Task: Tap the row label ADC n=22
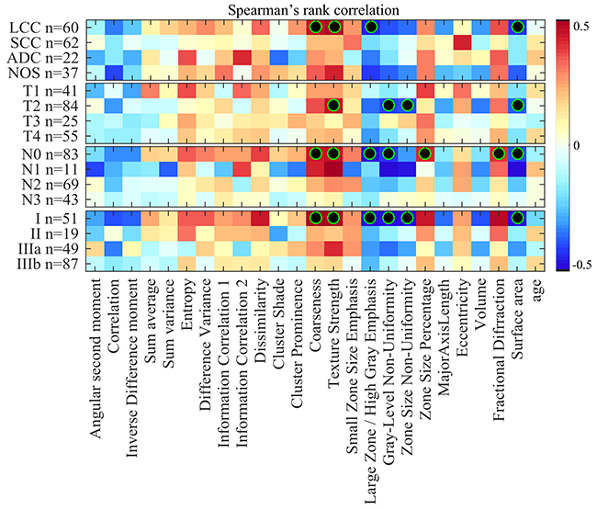(x=41, y=58)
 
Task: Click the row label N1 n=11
(x=47, y=169)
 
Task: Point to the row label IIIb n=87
(x=44, y=264)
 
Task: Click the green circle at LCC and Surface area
(x=518, y=27)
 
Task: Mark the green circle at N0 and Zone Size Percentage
(x=425, y=153)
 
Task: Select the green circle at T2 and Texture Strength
(x=333, y=106)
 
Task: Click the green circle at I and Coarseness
(x=315, y=218)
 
